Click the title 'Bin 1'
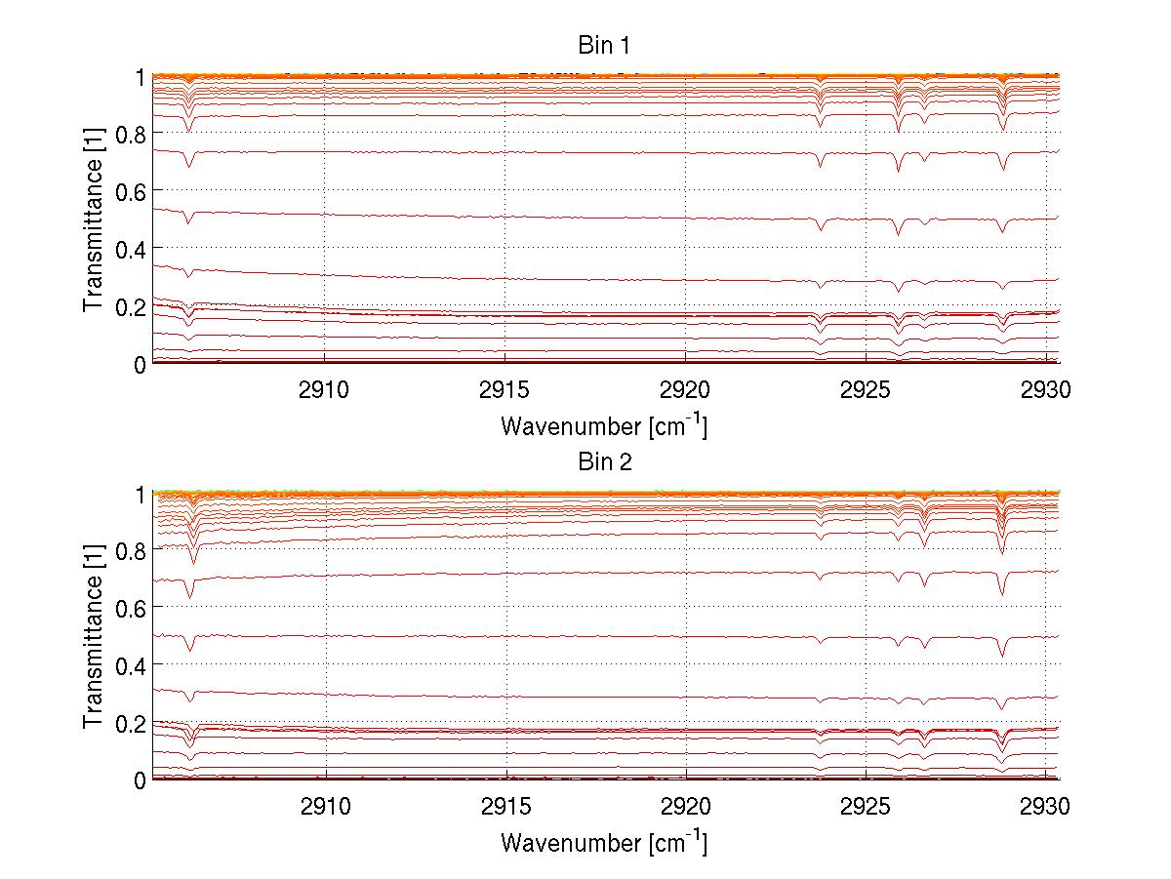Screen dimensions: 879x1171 pyautogui.click(x=604, y=45)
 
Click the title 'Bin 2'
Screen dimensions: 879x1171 pyautogui.click(x=604, y=461)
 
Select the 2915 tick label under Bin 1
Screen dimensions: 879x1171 pyautogui.click(x=505, y=391)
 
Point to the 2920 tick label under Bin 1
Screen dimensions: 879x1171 pyautogui.click(x=686, y=391)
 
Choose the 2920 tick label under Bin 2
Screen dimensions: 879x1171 pyautogui.click(x=686, y=808)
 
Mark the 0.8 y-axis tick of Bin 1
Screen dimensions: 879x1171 pyautogui.click(x=132, y=132)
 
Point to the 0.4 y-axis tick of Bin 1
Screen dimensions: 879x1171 pyautogui.click(x=132, y=248)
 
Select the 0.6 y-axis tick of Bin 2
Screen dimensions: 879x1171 pyautogui.click(x=132, y=607)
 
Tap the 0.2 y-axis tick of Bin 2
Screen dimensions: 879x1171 pyautogui.click(x=132, y=723)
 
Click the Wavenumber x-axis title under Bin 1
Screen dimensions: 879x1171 pyautogui.click(x=604, y=425)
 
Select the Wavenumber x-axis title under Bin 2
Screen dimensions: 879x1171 pyautogui.click(x=604, y=842)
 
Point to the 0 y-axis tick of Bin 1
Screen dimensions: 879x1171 pyautogui.click(x=140, y=364)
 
